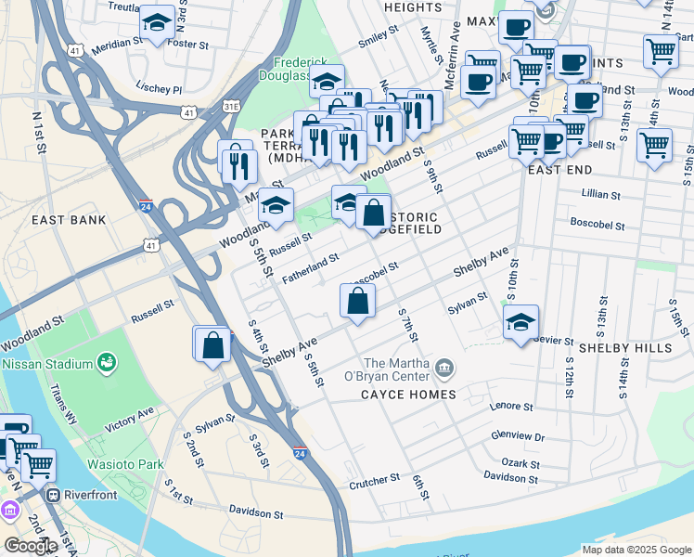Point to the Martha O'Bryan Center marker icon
444,369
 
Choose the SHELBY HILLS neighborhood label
625,347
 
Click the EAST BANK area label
69,220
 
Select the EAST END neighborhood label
559,171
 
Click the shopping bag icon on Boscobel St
358,302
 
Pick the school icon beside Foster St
156,23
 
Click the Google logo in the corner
31,546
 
